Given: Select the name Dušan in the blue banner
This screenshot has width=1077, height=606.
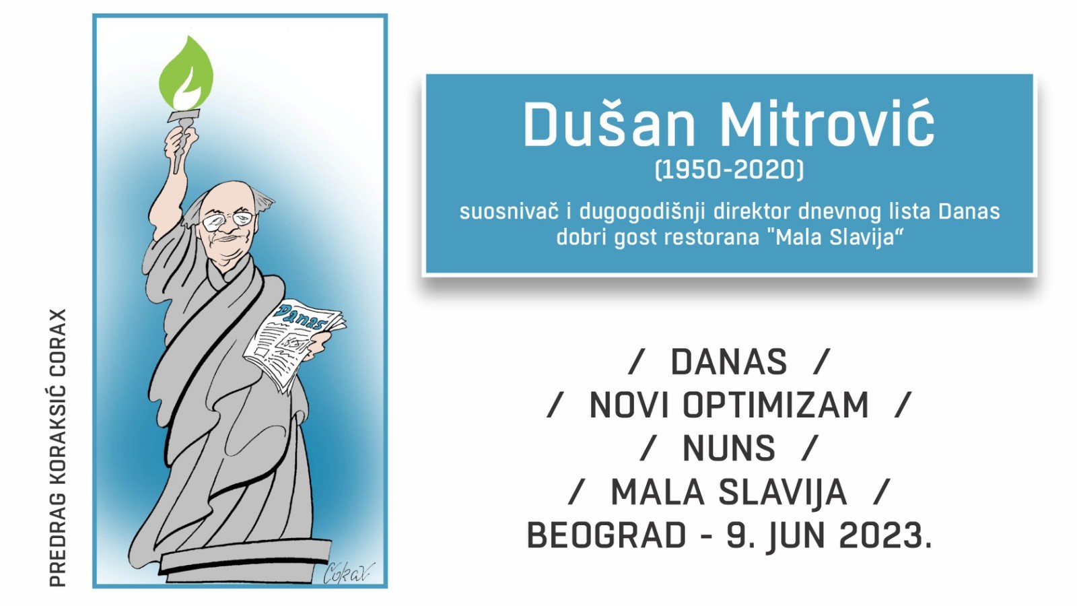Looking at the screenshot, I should (609, 125).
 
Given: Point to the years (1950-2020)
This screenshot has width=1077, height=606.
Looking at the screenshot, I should (729, 169).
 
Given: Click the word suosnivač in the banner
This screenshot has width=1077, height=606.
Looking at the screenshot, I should (508, 211).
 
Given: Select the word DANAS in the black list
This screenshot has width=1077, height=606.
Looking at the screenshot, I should (729, 362).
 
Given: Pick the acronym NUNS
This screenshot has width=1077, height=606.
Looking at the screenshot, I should (729, 448).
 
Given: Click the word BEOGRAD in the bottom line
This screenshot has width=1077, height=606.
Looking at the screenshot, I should (606, 536).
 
